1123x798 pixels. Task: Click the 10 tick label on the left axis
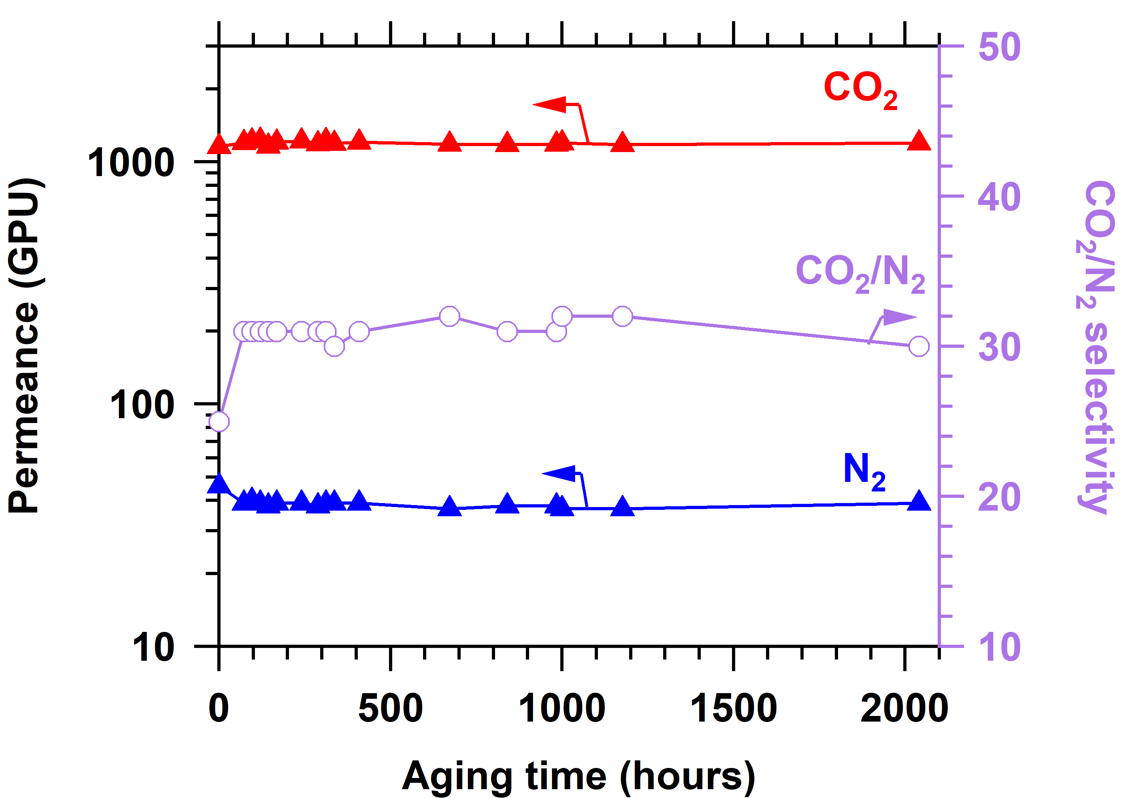pyautogui.click(x=153, y=647)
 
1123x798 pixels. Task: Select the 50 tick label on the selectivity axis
pyautogui.click(x=1000, y=47)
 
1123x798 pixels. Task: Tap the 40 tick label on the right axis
pyautogui.click(x=999, y=197)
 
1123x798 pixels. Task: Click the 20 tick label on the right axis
pyautogui.click(x=999, y=497)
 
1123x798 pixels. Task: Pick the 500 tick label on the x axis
pyautogui.click(x=390, y=709)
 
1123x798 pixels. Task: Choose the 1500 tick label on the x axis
pyautogui.click(x=734, y=709)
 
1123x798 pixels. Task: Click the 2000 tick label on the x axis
pyautogui.click(x=904, y=709)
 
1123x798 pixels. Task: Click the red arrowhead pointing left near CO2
pyautogui.click(x=549, y=104)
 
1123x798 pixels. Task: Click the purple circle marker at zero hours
pyautogui.click(x=219, y=421)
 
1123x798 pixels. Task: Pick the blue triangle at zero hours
pyautogui.click(x=219, y=484)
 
